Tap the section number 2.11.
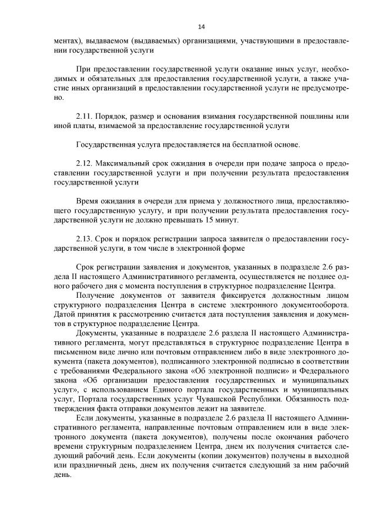(85, 117)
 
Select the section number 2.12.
(85, 163)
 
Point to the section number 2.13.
(85, 239)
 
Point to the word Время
(89, 201)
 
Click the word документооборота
(315, 304)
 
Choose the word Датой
(65, 314)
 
